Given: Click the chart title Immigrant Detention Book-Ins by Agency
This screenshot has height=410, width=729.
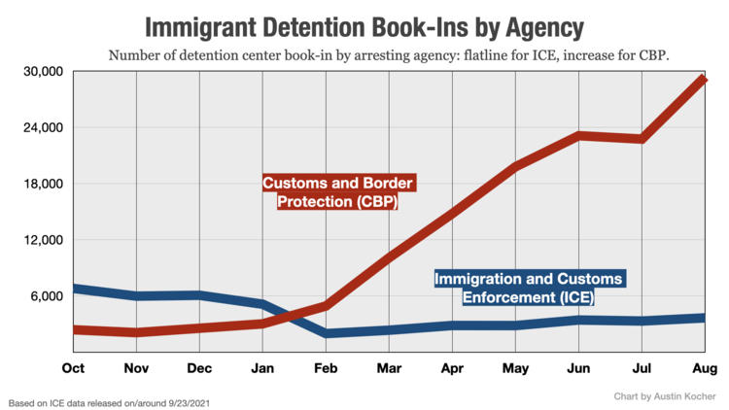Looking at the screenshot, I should [x=365, y=25].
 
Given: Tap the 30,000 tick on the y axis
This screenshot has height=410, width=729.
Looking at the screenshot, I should [x=42, y=72].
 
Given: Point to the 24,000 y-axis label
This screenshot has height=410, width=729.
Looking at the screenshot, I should [x=42, y=127].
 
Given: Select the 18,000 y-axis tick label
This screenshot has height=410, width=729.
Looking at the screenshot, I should [x=42, y=184].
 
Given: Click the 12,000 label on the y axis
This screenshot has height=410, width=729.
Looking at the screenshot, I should [x=42, y=240].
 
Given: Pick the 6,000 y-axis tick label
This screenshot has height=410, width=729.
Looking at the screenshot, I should [x=46, y=296].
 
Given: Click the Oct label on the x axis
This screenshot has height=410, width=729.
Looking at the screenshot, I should [x=73, y=369].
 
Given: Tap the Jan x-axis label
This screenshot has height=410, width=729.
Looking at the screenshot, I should [x=262, y=369].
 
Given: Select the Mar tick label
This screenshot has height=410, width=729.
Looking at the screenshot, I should [x=389, y=369].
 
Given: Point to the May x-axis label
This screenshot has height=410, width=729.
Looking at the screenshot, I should [x=515, y=369].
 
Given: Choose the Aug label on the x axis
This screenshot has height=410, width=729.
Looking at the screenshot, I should [x=705, y=369].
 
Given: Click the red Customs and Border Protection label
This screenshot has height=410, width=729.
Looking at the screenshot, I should [x=332, y=192].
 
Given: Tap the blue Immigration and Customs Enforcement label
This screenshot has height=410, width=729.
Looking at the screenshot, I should [x=529, y=289].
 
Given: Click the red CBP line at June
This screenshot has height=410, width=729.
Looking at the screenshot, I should [x=578, y=135].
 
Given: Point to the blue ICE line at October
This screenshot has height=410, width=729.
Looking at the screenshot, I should [x=76, y=289].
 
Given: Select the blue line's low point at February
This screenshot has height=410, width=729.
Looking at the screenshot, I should [x=327, y=333].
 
